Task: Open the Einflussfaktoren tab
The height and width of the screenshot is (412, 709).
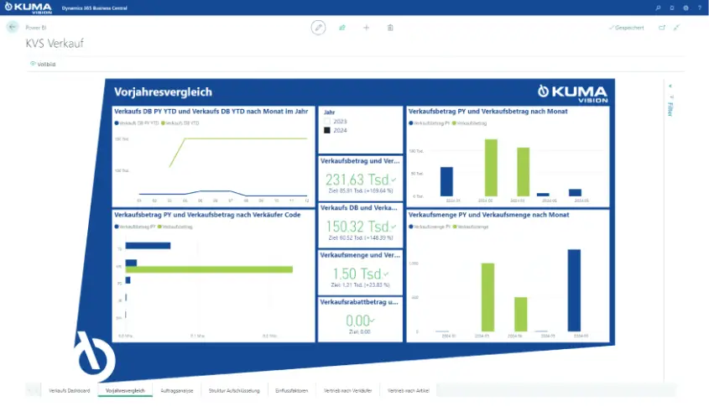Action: [x=291, y=391]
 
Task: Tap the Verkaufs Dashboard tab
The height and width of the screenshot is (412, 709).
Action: [x=70, y=391]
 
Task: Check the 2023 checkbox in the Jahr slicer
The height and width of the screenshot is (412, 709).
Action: [x=327, y=122]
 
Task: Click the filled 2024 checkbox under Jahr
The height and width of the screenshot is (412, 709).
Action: [x=327, y=131]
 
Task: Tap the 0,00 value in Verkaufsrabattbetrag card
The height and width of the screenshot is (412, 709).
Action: [x=358, y=321]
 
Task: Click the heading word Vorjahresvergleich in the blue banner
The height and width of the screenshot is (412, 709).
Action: [x=164, y=92]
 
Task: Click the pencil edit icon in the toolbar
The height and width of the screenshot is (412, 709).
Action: [x=318, y=28]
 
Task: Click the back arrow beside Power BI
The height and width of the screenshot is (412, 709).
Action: [x=13, y=28]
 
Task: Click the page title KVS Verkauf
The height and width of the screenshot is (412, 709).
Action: [x=55, y=43]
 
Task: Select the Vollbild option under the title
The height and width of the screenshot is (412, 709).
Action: [x=44, y=64]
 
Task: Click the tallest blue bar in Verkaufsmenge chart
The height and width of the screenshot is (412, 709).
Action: [x=574, y=290]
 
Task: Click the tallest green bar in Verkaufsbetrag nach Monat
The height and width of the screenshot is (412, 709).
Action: [x=491, y=167]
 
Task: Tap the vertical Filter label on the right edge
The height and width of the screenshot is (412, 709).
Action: [x=670, y=108]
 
